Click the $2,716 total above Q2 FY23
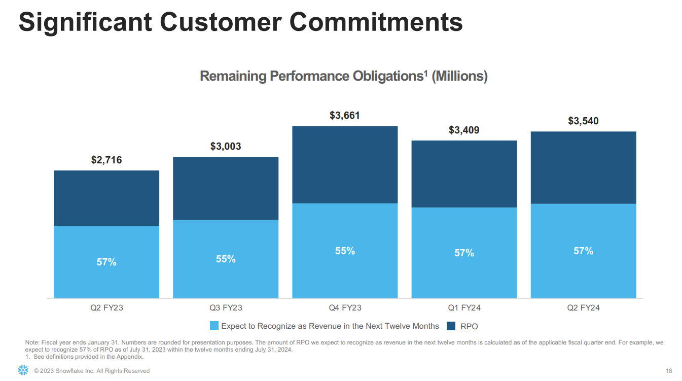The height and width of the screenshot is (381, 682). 106,160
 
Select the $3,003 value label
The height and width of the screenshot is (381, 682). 226,147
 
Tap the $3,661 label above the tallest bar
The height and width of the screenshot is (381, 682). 345,116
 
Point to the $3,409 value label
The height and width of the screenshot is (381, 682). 464,130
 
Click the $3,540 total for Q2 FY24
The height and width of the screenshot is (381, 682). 583,121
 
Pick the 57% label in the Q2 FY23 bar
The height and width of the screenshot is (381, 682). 106,262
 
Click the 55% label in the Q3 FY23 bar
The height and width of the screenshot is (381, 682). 226,259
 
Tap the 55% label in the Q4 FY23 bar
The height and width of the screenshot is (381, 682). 345,251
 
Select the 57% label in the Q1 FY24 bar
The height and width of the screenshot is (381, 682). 464,253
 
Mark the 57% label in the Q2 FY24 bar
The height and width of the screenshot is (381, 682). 583,251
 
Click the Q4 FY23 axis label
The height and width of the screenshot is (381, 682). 345,308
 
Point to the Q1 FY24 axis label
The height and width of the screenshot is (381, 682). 464,308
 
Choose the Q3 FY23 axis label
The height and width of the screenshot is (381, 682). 226,308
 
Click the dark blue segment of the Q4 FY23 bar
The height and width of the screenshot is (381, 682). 345,164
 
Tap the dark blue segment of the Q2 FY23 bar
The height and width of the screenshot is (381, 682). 106,198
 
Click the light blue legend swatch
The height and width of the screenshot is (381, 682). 214,326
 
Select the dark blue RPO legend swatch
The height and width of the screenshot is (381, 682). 451,326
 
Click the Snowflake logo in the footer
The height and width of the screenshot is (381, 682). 23,370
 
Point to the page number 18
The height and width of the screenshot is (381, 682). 668,370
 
